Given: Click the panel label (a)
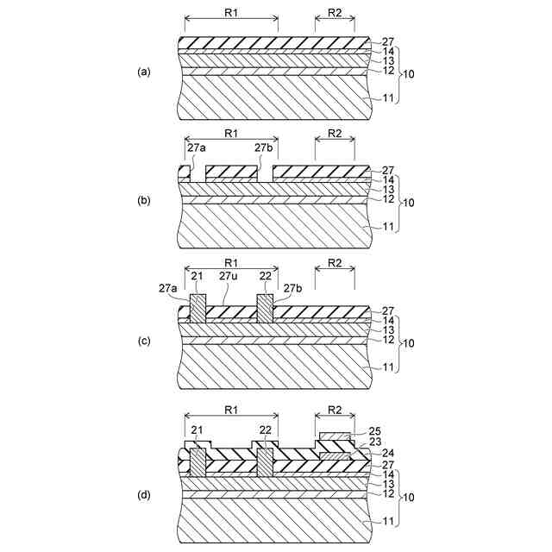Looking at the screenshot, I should pyautogui.click(x=144, y=72).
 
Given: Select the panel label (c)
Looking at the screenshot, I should pyautogui.click(x=144, y=342).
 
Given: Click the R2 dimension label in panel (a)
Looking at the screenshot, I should pyautogui.click(x=335, y=12).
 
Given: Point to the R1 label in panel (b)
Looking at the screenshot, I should pyautogui.click(x=231, y=134).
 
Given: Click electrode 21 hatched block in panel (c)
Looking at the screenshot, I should pyautogui.click(x=198, y=309).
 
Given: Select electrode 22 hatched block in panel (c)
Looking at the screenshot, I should pyautogui.click(x=265, y=309).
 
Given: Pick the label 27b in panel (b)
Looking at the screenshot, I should pyautogui.click(x=264, y=147).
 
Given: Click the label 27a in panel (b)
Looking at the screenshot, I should pyautogui.click(x=197, y=147).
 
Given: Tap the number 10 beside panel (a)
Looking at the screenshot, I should pyautogui.click(x=411, y=74).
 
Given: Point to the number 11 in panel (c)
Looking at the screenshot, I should pyautogui.click(x=387, y=367).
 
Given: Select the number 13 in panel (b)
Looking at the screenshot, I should pyautogui.click(x=387, y=189).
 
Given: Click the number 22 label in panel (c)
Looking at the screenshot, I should pyautogui.click(x=264, y=277).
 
